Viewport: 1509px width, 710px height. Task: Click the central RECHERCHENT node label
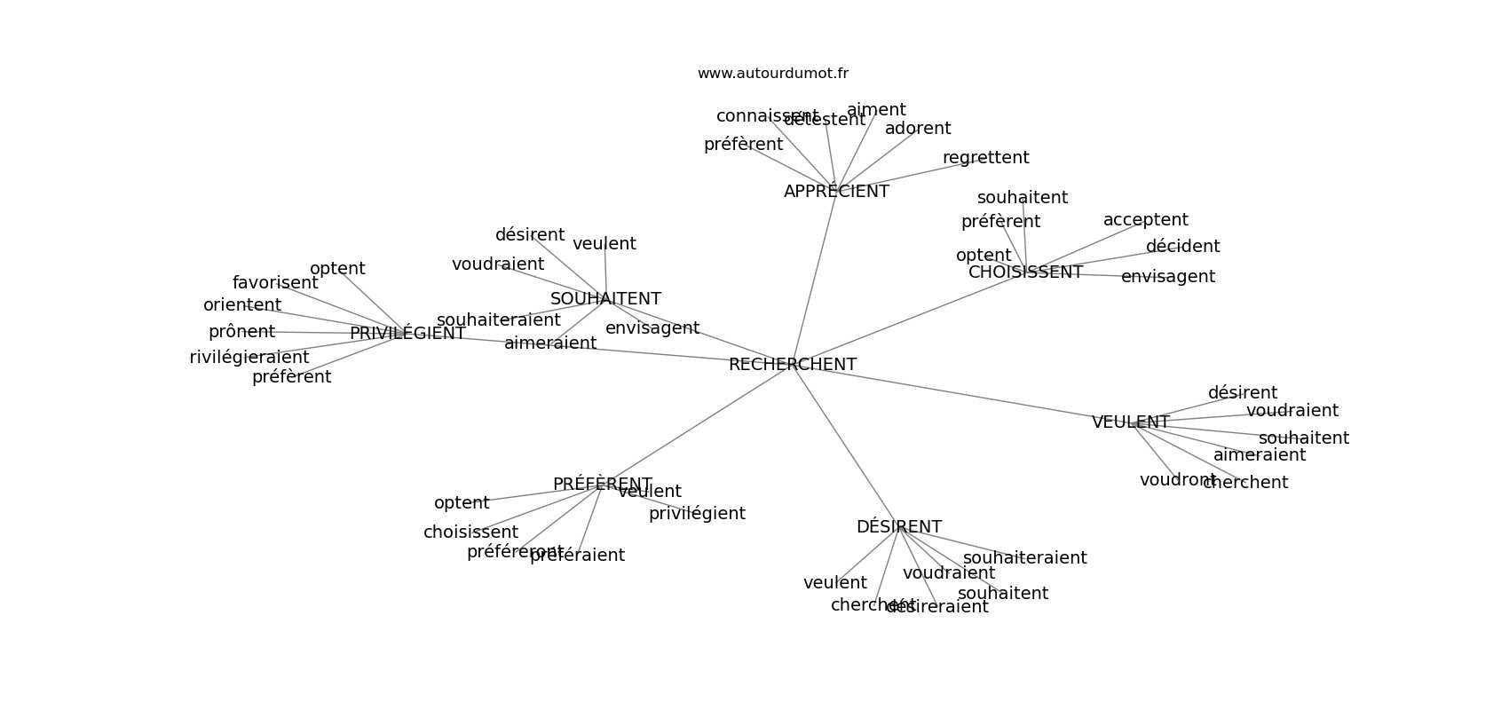[792, 365]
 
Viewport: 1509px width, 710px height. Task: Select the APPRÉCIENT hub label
[836, 192]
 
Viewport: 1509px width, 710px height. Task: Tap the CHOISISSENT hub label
[1025, 272]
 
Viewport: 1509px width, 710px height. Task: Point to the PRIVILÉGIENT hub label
[407, 334]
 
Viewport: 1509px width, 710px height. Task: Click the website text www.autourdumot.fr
[772, 74]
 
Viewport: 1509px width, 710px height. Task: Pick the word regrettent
[985, 158]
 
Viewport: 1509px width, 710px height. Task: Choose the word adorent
[918, 129]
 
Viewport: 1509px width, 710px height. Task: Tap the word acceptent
[1145, 220]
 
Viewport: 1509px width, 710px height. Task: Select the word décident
[1182, 247]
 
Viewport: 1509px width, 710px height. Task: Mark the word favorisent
[275, 283]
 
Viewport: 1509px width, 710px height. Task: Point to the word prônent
[241, 332]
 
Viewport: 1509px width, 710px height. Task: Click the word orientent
[242, 305]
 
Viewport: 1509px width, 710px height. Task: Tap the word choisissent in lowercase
[470, 532]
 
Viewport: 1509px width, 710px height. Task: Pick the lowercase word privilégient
[697, 514]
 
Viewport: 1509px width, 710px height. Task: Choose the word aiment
[876, 110]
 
